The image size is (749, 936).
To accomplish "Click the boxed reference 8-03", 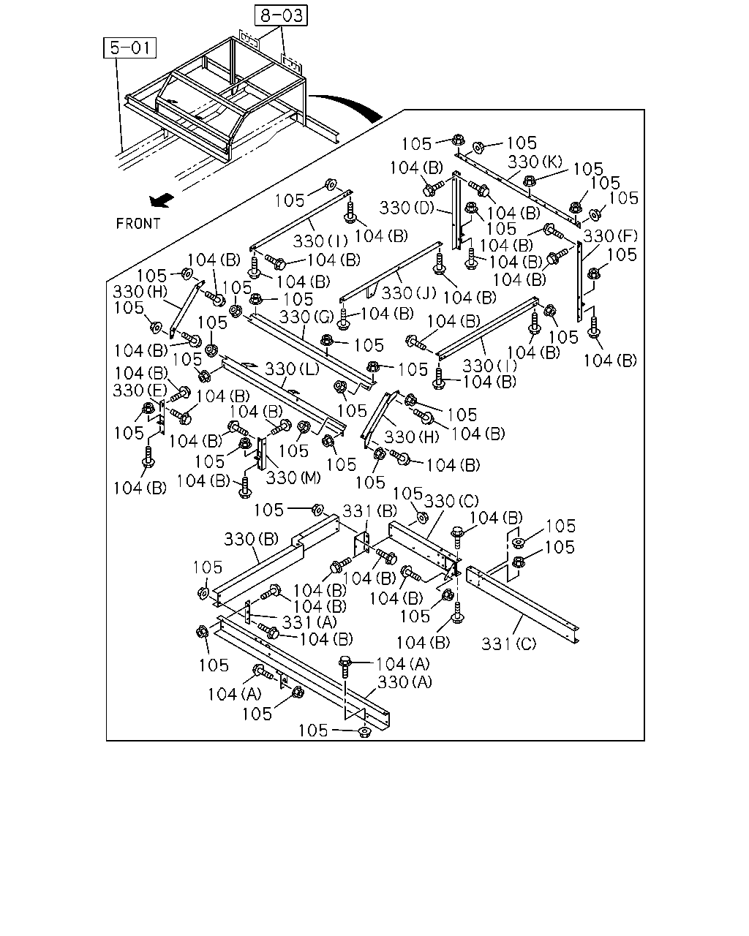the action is click(281, 15).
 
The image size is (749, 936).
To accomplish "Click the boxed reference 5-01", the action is click(129, 48).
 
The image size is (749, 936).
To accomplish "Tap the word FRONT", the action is click(138, 224).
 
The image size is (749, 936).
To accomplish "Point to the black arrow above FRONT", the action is click(162, 200).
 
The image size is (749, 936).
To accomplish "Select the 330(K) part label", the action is click(535, 162).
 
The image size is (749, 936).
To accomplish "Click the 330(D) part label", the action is click(407, 208).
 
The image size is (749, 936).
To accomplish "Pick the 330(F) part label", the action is click(610, 236).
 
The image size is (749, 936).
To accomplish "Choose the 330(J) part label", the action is click(409, 293).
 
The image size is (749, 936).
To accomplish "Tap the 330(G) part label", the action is click(306, 317).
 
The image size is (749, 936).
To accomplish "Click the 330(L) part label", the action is click(292, 369).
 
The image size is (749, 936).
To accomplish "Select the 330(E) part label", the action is click(140, 390).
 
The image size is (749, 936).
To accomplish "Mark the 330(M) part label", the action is click(293, 478).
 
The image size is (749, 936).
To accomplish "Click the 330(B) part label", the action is click(251, 540).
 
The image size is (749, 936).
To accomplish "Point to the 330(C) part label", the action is click(451, 502).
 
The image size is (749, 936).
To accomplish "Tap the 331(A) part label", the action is click(309, 622).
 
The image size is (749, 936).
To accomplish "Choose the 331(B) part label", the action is click(369, 511).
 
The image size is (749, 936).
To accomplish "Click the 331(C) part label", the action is click(509, 643).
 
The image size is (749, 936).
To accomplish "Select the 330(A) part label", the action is click(404, 682).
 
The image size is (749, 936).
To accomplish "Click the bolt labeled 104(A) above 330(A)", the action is click(345, 667).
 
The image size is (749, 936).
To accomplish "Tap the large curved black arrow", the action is click(348, 105).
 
